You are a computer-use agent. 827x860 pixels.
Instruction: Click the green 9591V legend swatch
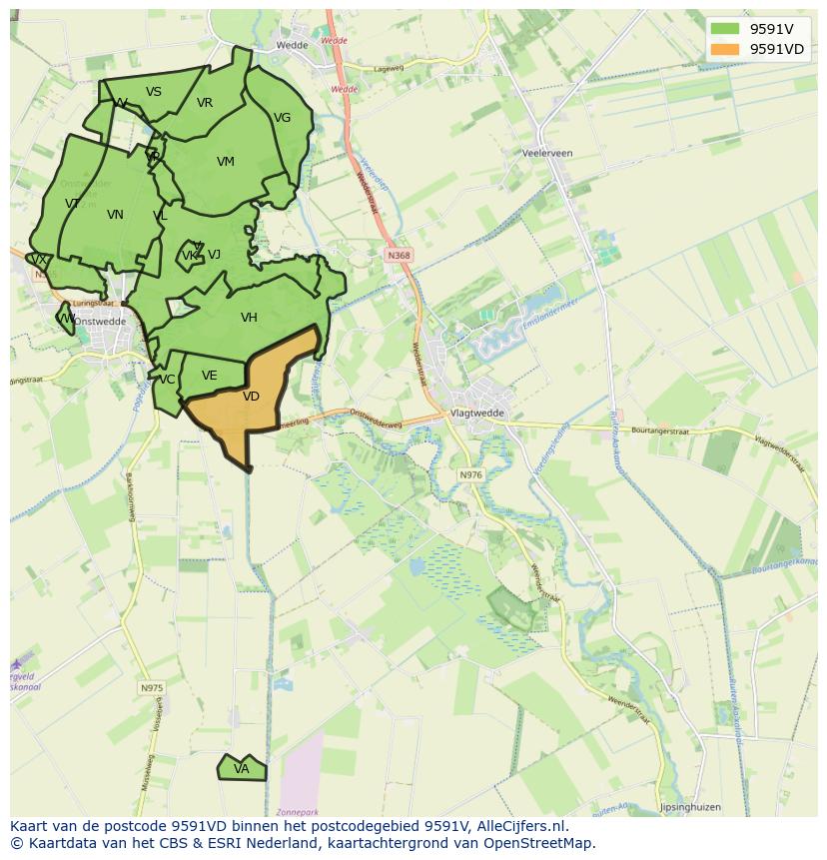[x=725, y=29]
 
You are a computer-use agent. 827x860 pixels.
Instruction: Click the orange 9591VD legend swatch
[x=725, y=49]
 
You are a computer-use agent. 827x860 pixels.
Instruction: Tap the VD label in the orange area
[x=251, y=397]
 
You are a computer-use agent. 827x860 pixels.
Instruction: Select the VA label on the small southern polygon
[x=241, y=769]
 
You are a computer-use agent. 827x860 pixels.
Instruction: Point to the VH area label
[x=249, y=318]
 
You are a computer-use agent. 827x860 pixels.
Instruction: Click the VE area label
[x=209, y=376]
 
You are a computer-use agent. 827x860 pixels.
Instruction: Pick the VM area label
[x=225, y=162]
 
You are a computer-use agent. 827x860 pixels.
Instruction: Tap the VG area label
[x=282, y=118]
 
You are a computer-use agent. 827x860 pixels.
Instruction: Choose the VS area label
[x=153, y=92]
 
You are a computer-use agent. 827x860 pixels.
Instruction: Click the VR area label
[x=204, y=103]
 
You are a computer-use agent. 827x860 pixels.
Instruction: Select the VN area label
[x=115, y=215]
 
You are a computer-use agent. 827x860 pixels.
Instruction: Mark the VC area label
[x=167, y=380]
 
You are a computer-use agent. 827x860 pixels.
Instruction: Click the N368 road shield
[x=399, y=256]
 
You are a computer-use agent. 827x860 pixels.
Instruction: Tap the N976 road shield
[x=470, y=474]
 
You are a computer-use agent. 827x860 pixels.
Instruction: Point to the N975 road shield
[x=151, y=688]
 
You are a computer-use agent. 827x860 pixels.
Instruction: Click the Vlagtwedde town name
[x=477, y=413]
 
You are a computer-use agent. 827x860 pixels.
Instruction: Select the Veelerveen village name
[x=547, y=153]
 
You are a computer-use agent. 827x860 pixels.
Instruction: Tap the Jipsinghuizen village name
[x=689, y=807]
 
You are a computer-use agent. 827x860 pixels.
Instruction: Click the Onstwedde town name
[x=100, y=322]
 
